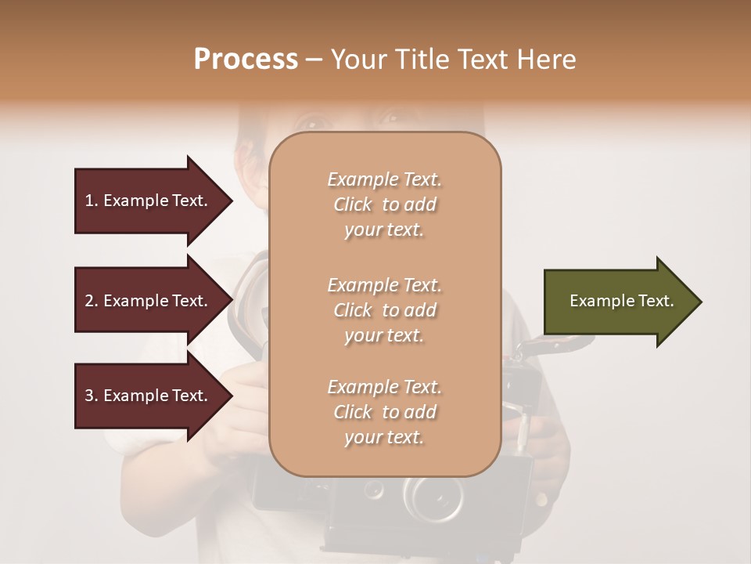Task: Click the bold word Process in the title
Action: click(x=246, y=60)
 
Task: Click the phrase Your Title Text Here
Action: click(x=453, y=60)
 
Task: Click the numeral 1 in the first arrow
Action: click(x=89, y=201)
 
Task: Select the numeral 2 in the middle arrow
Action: click(x=89, y=301)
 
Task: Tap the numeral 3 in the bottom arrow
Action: click(x=89, y=396)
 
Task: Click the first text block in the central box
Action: click(x=384, y=204)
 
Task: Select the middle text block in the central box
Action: click(x=384, y=310)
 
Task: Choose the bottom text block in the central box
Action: click(x=384, y=412)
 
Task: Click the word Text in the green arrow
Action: click(x=656, y=301)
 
